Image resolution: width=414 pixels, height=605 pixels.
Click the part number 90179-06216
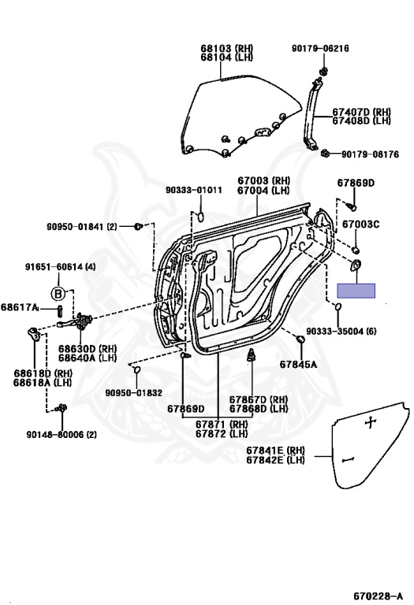(x=320, y=48)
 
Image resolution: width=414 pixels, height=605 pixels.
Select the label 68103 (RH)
(x=226, y=48)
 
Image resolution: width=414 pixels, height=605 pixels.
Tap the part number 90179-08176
(x=370, y=154)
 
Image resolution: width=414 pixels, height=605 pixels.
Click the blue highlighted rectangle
(x=356, y=291)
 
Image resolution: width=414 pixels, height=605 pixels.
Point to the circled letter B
(x=58, y=294)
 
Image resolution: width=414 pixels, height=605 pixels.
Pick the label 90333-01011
(x=194, y=190)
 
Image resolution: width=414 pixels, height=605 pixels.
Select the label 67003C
(x=360, y=225)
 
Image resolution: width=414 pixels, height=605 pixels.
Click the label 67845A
(x=298, y=364)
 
